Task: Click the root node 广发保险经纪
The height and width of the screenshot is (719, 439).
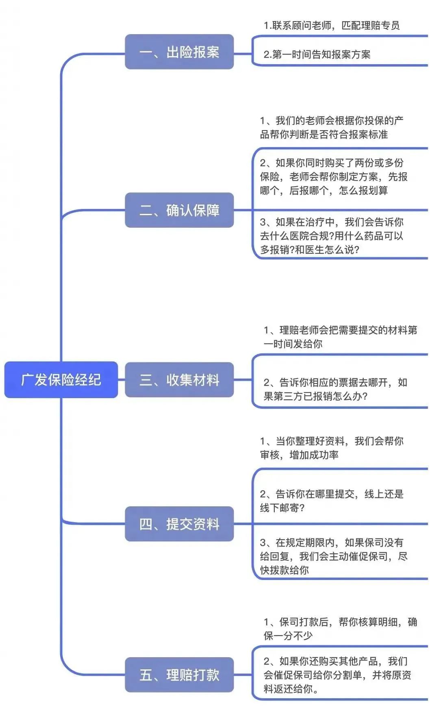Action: coord(61,379)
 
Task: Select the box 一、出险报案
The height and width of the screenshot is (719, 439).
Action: coord(179,52)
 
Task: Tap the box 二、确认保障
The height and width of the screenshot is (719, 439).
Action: coord(179,210)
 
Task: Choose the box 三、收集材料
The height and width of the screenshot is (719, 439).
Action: coord(179,379)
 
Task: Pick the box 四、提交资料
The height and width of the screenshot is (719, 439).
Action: coord(179,524)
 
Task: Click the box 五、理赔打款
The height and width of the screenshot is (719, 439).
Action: coord(179,675)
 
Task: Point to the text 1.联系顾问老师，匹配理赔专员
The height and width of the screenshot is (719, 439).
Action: coord(332,26)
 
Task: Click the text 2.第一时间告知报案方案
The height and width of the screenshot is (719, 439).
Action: coord(317,54)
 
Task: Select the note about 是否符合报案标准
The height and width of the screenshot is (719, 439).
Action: coord(332,127)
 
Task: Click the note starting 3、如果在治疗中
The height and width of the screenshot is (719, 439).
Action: coord(332,236)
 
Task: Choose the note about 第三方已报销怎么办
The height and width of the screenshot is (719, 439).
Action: coord(335,389)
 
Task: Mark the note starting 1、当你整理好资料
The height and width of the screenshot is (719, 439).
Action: coord(332,448)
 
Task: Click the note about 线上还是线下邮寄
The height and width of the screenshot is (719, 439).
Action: coord(332,501)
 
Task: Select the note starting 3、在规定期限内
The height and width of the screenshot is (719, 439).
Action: coord(334,556)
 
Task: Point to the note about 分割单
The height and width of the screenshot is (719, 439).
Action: coord(337,675)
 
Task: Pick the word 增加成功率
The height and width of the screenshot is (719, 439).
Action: coord(314,455)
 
